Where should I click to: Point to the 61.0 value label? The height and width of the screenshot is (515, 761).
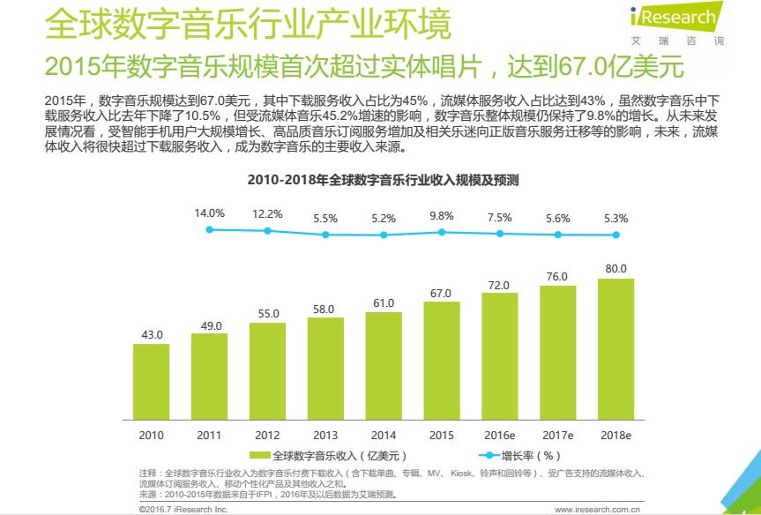click(383, 303)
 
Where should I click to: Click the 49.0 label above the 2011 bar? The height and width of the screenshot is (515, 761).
click(209, 325)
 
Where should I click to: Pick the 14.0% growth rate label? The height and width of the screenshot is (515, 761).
click(209, 213)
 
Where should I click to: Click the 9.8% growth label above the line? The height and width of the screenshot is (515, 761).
click(441, 215)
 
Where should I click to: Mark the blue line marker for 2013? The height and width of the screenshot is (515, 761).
click(325, 235)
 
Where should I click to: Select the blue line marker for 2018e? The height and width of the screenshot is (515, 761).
click(616, 235)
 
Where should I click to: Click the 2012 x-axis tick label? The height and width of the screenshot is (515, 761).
click(267, 435)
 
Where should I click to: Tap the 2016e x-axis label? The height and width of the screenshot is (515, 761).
click(499, 435)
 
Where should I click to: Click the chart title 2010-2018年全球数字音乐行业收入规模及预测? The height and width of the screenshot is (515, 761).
click(383, 180)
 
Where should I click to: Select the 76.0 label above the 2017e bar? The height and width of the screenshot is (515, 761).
click(557, 277)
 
